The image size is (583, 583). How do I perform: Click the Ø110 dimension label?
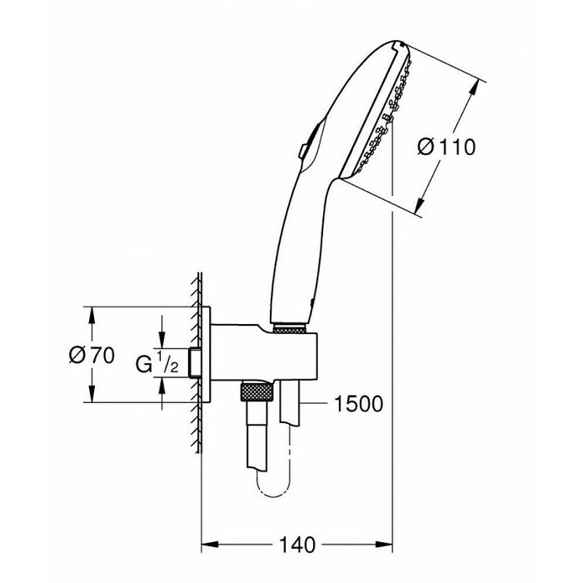point(446,147)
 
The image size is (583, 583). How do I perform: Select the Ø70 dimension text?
point(92,355)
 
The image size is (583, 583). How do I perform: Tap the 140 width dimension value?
point(296,545)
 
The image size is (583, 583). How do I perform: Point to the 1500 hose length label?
point(358,403)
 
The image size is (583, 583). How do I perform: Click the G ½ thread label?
point(157,363)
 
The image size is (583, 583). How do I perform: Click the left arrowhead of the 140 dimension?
point(209,545)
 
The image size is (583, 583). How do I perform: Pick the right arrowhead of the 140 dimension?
point(384,545)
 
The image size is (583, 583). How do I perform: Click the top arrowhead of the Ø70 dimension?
point(92,315)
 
